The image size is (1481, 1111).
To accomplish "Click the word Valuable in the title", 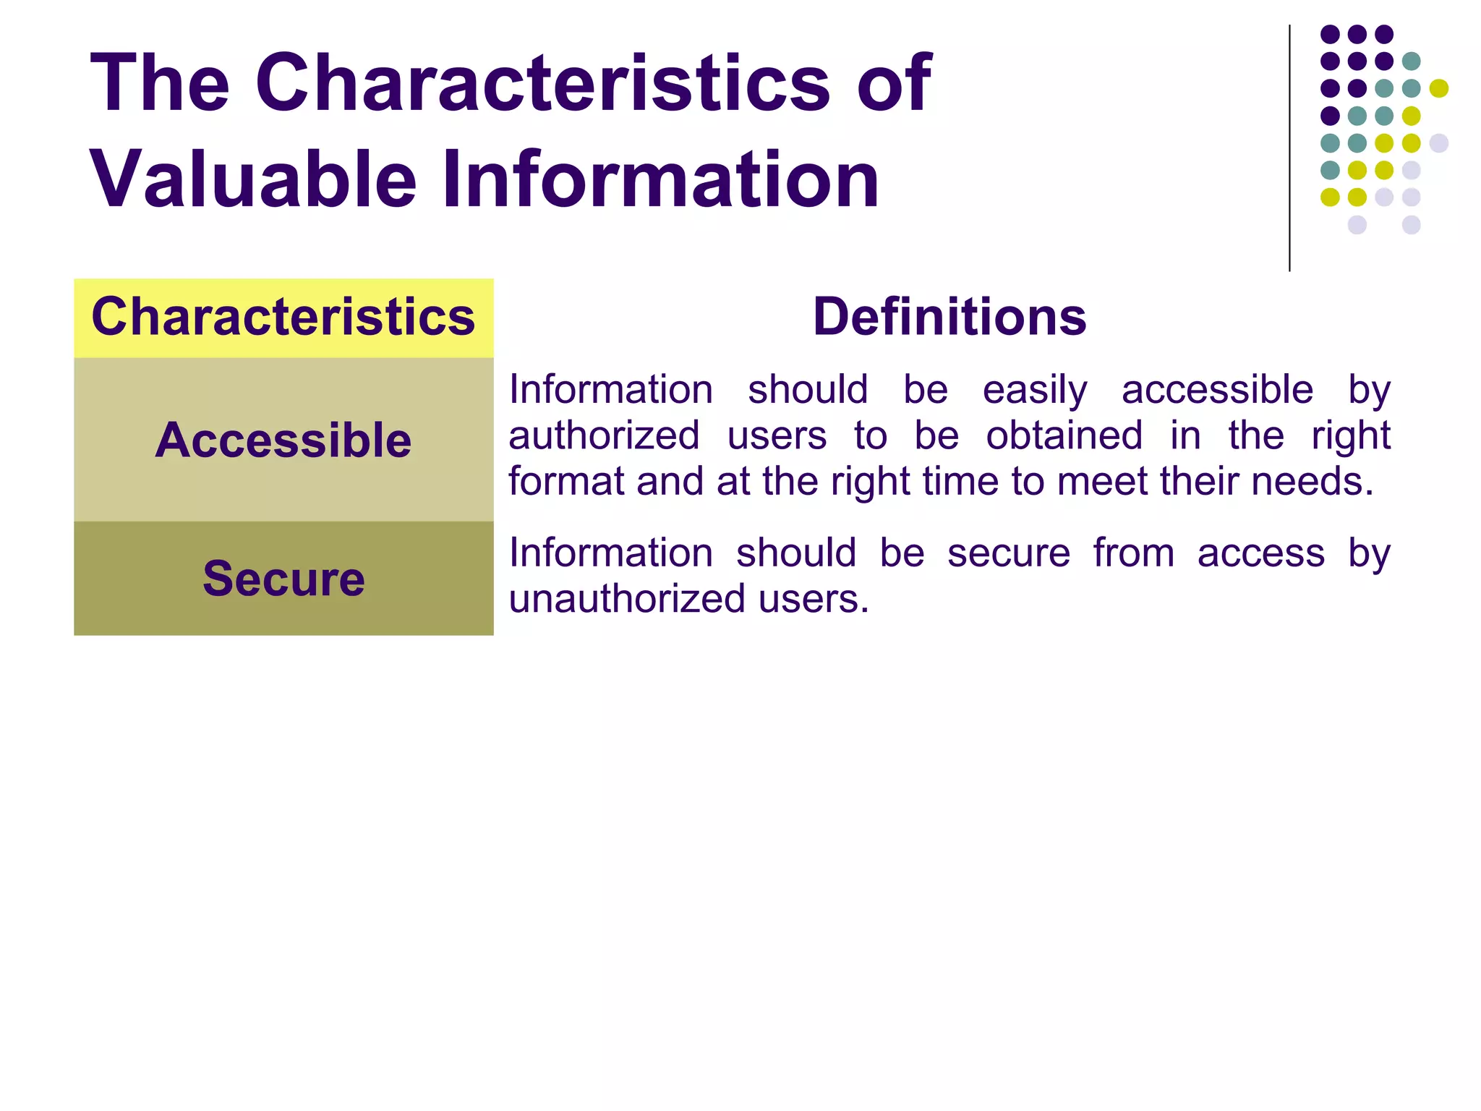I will (253, 179).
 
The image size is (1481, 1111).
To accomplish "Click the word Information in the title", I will (661, 179).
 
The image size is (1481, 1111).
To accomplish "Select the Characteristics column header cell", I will (283, 318).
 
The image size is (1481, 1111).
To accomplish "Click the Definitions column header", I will (949, 318).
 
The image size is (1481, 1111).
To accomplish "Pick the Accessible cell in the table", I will (283, 440).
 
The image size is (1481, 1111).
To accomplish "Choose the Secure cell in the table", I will (283, 579).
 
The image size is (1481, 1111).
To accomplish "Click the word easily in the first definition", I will (1034, 391).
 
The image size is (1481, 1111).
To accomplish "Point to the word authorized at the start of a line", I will (604, 436).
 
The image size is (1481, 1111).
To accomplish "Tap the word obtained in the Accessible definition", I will (1064, 436).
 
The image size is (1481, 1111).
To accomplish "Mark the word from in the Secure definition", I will (1133, 554).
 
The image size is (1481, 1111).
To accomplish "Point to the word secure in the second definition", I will (1008, 554).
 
